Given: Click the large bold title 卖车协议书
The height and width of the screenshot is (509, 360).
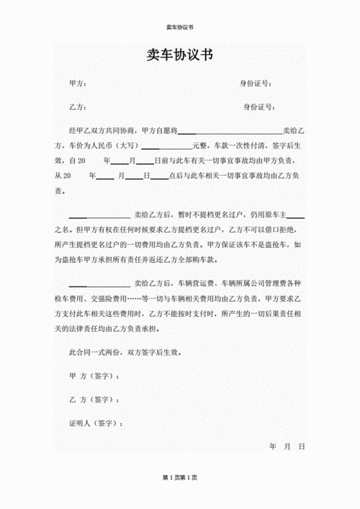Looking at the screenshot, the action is tap(180, 55).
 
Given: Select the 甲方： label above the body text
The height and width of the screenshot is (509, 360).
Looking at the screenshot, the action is tap(78, 84).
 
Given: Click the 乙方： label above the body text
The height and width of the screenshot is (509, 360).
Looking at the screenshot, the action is tap(78, 107).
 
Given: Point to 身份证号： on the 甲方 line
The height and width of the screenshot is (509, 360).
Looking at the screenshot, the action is tap(256, 84).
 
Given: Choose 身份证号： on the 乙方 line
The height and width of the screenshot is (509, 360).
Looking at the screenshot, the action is tap(259, 107).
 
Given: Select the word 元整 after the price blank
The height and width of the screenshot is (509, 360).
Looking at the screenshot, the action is tap(199, 146).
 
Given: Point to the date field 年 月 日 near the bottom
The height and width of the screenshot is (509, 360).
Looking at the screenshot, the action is tap(287, 447).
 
